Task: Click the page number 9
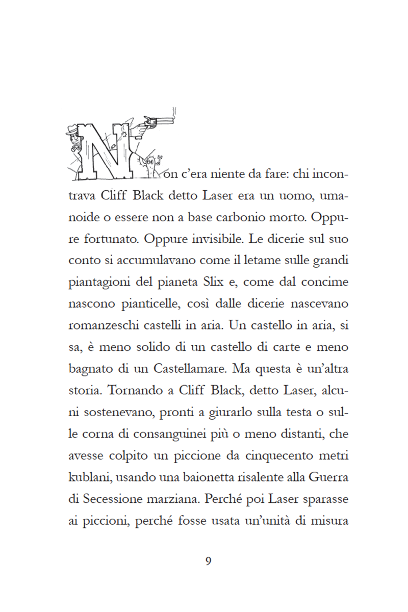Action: tap(208, 562)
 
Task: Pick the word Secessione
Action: tap(113, 499)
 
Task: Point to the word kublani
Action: tap(88, 477)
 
